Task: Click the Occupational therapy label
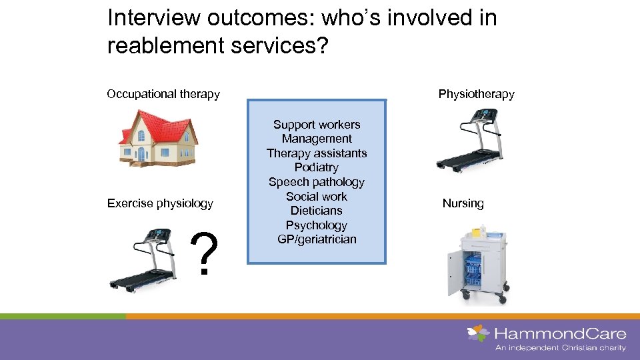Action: pyautogui.click(x=163, y=94)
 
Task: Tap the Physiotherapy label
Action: pyautogui.click(x=476, y=94)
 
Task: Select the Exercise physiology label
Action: pyautogui.click(x=160, y=203)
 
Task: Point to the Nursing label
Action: pyautogui.click(x=463, y=203)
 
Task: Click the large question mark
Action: pyautogui.click(x=205, y=256)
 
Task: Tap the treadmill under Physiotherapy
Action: pyautogui.click(x=469, y=140)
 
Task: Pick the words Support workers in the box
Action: pyautogui.click(x=317, y=125)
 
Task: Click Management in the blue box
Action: pyautogui.click(x=317, y=139)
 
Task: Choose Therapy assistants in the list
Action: pyautogui.click(x=317, y=153)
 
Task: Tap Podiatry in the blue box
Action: pyautogui.click(x=317, y=167)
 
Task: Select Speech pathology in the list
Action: pyautogui.click(x=317, y=182)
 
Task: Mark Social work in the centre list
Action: pyautogui.click(x=317, y=196)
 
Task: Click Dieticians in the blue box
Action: pyautogui.click(x=317, y=211)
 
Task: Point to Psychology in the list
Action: pyautogui.click(x=317, y=225)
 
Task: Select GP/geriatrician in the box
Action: pyautogui.click(x=317, y=239)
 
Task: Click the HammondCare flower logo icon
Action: pyautogui.click(x=478, y=333)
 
